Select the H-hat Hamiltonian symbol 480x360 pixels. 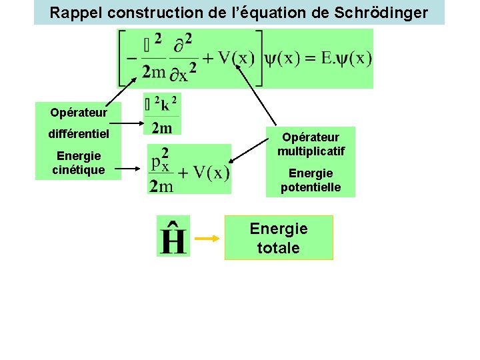(x=173, y=237)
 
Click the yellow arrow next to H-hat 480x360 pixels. (x=207, y=238)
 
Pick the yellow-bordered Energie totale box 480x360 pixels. (x=279, y=238)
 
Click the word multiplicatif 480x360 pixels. (x=311, y=151)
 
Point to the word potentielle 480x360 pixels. (x=311, y=187)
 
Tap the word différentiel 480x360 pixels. (x=79, y=134)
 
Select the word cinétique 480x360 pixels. (x=79, y=169)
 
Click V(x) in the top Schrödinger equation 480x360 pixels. (x=235, y=58)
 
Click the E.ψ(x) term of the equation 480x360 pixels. (x=346, y=58)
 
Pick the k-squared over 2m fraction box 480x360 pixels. (x=162, y=115)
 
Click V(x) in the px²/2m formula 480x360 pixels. (x=211, y=173)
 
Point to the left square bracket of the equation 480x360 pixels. (x=123, y=59)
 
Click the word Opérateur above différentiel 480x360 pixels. (x=79, y=111)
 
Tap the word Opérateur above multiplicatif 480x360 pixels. (x=311, y=137)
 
